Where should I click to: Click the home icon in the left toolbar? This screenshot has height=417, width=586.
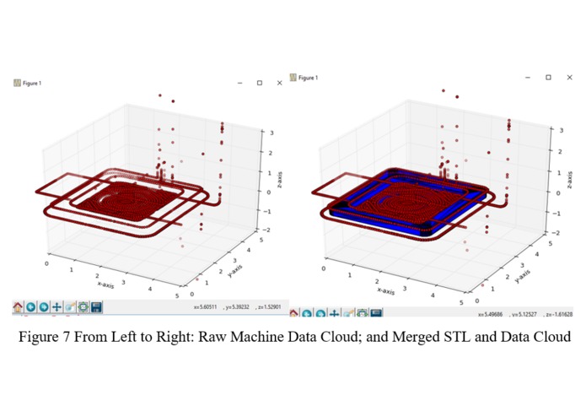[x=17, y=307]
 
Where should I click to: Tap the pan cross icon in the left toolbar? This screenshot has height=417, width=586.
[x=56, y=307]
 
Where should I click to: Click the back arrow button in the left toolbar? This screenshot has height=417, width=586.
[x=30, y=307]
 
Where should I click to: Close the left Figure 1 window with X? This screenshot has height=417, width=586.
[x=279, y=83]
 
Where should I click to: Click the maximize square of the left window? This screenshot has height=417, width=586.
[x=260, y=83]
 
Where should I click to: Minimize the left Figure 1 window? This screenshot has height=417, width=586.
[x=239, y=83]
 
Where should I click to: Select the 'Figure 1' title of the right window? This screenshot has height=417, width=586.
[x=309, y=78]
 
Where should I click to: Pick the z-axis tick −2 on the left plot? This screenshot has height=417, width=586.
[x=266, y=230]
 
